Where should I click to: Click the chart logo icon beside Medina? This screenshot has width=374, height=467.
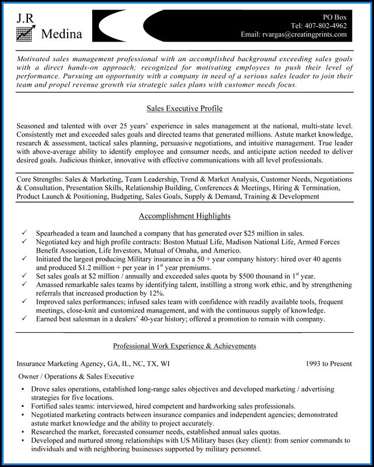24,34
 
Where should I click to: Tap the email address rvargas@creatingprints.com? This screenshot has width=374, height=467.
303,35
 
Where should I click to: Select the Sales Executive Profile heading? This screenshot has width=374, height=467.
184,109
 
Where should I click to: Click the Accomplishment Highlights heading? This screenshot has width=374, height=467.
184,216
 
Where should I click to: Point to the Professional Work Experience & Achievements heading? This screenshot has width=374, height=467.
184,346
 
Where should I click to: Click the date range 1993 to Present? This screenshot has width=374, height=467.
329,364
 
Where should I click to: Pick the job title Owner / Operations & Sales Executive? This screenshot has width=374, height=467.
76,377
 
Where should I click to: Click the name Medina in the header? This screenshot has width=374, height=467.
62,35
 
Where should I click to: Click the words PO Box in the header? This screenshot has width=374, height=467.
334,17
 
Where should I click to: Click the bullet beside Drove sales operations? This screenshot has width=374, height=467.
22,389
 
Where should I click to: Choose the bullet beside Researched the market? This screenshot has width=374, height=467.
22,431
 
